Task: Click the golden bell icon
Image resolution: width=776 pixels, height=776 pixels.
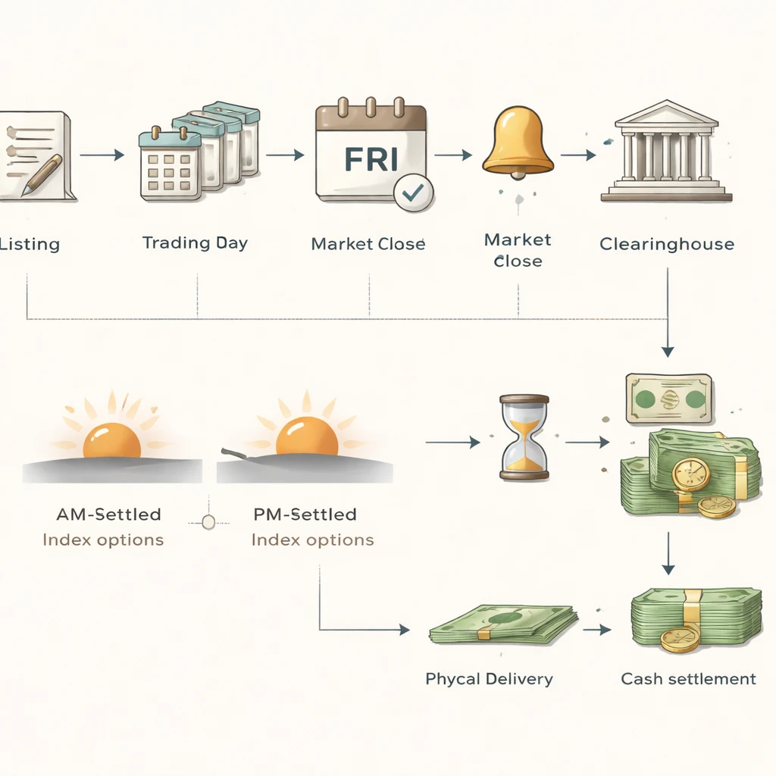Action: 518,142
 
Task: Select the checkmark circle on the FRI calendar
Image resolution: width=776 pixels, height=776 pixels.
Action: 413,193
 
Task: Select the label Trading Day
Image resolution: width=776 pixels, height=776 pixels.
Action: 195,243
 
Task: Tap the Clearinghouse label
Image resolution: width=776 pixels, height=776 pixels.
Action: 666,244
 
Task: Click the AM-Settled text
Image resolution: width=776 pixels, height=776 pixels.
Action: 108,515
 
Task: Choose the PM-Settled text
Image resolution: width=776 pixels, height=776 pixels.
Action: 304,515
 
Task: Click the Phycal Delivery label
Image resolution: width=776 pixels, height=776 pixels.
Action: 489,678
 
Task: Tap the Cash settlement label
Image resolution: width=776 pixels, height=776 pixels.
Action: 688,678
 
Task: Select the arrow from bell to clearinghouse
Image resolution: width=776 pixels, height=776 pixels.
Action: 578,155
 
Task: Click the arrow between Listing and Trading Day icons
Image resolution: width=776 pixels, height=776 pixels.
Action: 102,155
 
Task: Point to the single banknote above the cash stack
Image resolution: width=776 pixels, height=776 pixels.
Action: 668,398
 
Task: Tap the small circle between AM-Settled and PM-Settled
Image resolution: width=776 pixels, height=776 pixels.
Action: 208,521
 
